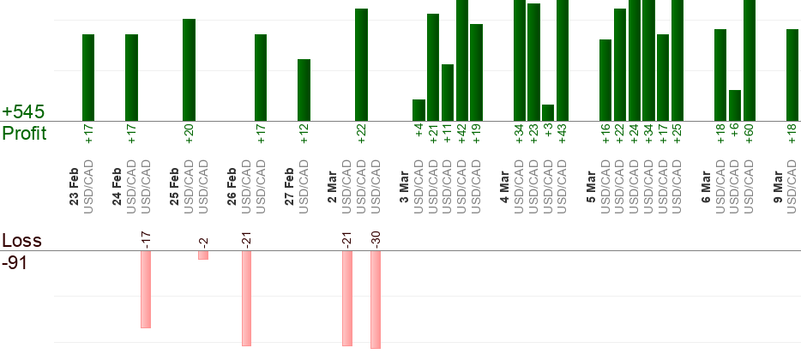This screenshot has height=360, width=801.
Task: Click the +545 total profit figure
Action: tap(23, 112)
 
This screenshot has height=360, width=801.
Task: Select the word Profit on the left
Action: tap(24, 133)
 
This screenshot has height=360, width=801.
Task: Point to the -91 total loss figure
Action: tap(15, 262)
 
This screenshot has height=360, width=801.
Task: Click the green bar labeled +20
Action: tap(189, 69)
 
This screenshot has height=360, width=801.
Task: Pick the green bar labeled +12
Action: tap(304, 90)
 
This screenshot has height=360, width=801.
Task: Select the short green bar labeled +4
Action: tap(419, 111)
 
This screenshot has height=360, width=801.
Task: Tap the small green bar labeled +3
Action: tap(548, 113)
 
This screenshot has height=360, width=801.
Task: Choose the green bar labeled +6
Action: tap(735, 105)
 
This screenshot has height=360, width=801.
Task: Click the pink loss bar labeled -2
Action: tap(203, 255)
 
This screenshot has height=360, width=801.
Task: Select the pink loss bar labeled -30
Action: tap(376, 299)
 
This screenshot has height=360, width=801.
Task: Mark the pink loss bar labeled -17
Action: tap(146, 289)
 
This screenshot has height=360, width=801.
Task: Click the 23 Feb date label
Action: tap(74, 189)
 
